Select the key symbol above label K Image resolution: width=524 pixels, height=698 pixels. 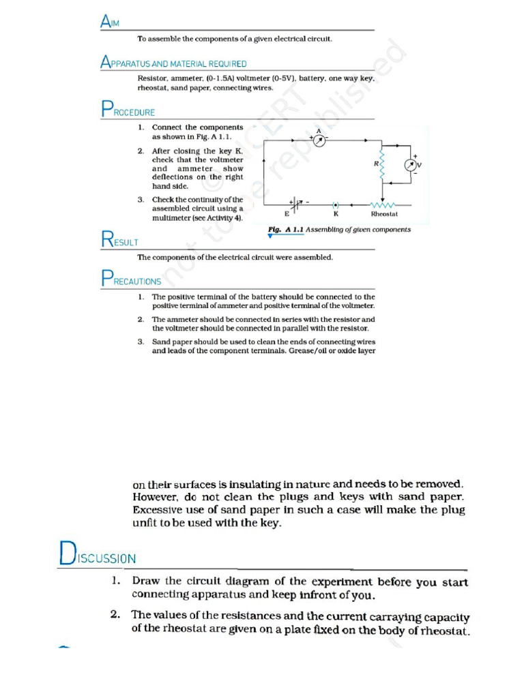336,204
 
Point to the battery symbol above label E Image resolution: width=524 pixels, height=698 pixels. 297,204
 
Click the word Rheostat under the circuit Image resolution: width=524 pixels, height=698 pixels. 384,214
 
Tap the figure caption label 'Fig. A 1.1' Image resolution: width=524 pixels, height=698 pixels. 286,230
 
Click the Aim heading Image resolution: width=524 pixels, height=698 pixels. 110,22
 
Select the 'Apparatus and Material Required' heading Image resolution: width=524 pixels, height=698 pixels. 173,63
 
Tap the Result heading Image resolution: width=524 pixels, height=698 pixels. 119,240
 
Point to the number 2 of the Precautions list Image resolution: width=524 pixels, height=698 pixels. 140,319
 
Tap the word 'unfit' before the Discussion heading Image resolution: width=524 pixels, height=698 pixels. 145,523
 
